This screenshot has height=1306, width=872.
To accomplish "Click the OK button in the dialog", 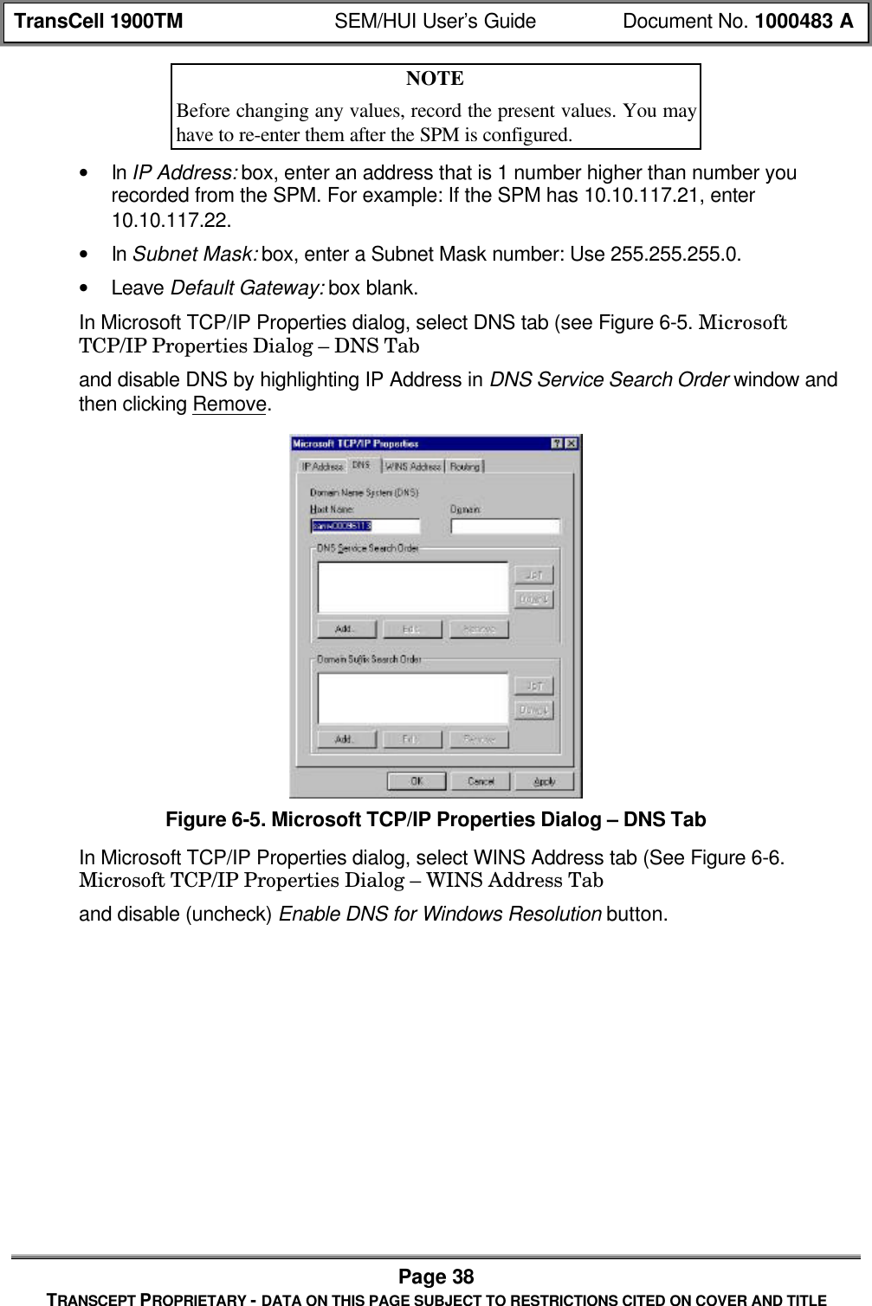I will pyautogui.click(x=417, y=780).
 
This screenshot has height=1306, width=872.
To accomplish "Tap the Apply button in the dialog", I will pyautogui.click(x=544, y=780).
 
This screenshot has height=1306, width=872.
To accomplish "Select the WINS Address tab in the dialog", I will pyautogui.click(x=413, y=466).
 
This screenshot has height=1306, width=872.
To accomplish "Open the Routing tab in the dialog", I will pyautogui.click(x=465, y=466).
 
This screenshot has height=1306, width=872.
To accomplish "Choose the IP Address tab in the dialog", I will pyautogui.click(x=322, y=466).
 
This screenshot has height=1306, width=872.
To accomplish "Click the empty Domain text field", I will pyautogui.click(x=506, y=526).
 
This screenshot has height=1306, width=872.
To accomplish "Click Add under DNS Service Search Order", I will pyautogui.click(x=346, y=629).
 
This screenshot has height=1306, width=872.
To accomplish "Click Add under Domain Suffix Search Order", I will pyautogui.click(x=346, y=739).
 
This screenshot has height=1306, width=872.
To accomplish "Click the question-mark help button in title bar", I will pyautogui.click(x=557, y=443).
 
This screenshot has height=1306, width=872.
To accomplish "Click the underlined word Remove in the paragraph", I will pyautogui.click(x=229, y=404).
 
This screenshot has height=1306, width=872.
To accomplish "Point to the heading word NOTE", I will pyautogui.click(x=435, y=79).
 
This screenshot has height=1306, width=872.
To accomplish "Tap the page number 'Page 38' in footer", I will pyautogui.click(x=436, y=1277).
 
